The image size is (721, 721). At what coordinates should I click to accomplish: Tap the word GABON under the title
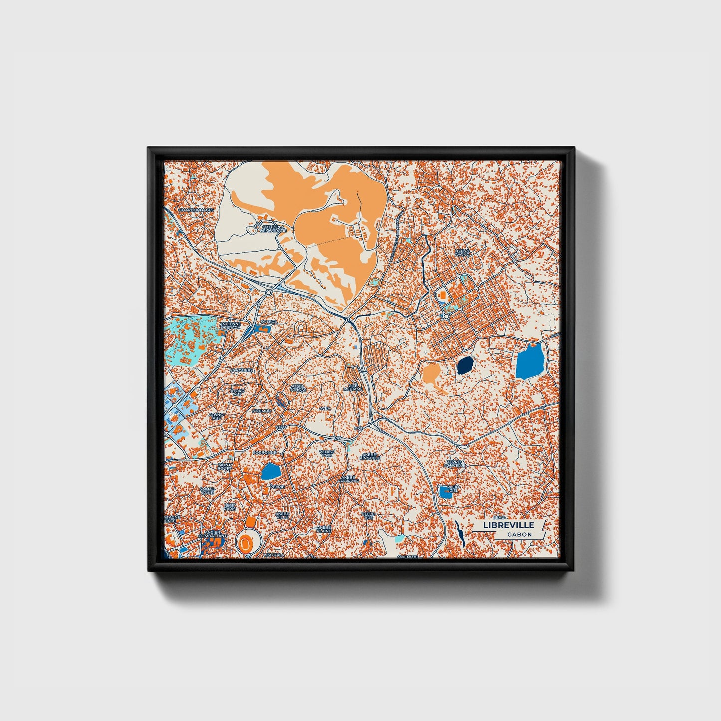(x=519, y=534)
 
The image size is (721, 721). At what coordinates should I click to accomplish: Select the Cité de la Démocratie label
(x=273, y=229)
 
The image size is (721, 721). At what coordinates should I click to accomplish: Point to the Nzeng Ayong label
(x=462, y=253)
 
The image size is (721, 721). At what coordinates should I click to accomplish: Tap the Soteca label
(x=268, y=322)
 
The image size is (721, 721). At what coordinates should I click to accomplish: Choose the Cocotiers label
(x=241, y=370)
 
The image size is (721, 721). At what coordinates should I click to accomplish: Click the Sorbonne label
(x=265, y=452)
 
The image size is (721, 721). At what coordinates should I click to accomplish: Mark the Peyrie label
(x=277, y=486)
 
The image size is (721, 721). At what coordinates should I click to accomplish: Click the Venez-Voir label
(x=326, y=453)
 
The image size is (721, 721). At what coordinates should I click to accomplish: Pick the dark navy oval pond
(x=465, y=366)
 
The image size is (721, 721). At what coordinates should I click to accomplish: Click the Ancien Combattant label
(x=212, y=534)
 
